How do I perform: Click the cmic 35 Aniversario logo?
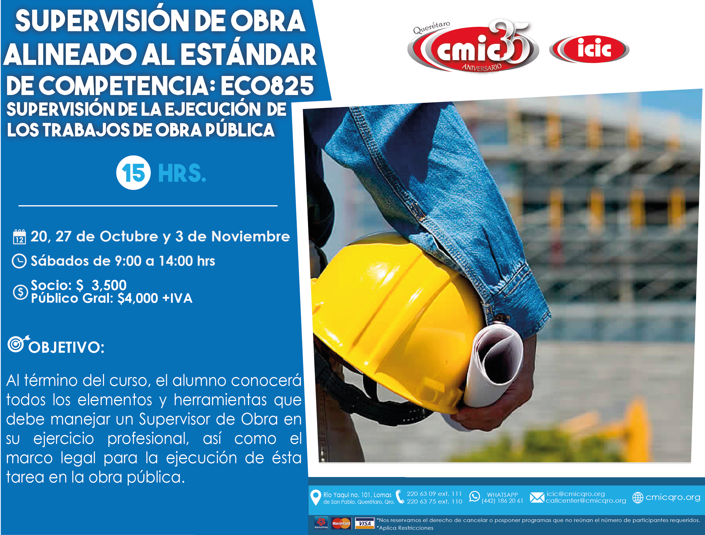click(473, 46)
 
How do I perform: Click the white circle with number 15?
click(133, 173)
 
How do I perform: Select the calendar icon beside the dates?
click(19, 237)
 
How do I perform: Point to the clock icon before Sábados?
click(19, 261)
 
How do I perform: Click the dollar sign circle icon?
click(20, 292)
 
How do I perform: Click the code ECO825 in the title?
click(267, 86)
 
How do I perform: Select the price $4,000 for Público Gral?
click(138, 298)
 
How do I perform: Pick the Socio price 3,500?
click(109, 285)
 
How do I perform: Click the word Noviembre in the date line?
click(250, 236)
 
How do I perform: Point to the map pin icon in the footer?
click(315, 497)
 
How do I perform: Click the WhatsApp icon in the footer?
click(474, 496)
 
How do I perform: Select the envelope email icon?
click(537, 497)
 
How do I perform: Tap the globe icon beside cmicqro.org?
click(638, 497)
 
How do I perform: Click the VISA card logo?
click(365, 523)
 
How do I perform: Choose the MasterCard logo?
click(341, 523)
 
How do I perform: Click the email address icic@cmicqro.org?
click(576, 494)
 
